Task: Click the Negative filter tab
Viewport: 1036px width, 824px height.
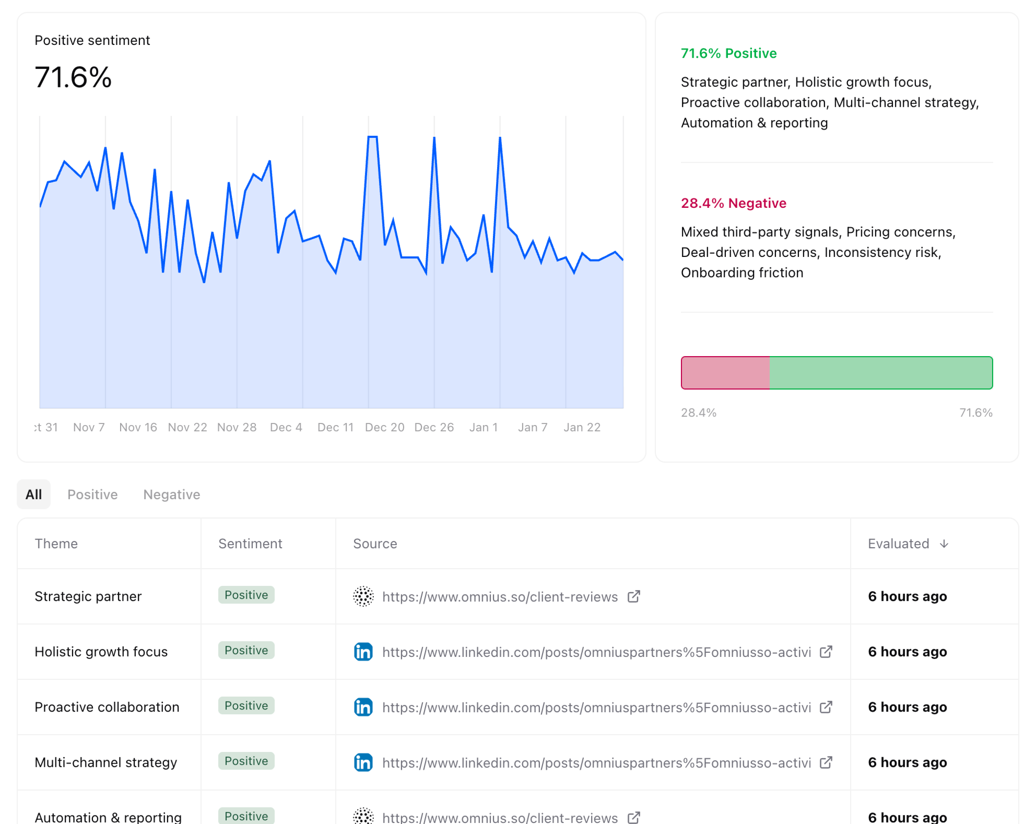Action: point(172,494)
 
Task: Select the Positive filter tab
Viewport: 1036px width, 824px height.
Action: point(92,494)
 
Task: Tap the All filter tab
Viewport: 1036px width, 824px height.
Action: point(34,494)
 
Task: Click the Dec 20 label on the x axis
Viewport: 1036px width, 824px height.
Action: point(384,427)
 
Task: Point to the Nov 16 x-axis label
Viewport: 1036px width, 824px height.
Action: point(138,427)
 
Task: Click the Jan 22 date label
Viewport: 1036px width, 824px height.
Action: point(582,427)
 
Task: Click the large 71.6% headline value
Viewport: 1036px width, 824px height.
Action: point(73,77)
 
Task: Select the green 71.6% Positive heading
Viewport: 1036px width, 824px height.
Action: point(729,53)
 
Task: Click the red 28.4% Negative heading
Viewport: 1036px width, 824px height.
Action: point(733,203)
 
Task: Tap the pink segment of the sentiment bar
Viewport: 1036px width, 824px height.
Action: point(725,373)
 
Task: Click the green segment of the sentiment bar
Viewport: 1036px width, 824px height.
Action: point(880,373)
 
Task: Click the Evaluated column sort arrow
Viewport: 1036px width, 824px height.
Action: point(944,544)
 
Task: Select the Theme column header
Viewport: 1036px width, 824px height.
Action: point(56,544)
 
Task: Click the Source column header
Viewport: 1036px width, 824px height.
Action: point(375,544)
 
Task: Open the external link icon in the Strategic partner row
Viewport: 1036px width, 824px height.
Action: point(634,596)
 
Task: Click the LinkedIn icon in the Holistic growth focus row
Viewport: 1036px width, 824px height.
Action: point(363,652)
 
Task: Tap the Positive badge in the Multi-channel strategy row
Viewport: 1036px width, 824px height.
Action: point(246,761)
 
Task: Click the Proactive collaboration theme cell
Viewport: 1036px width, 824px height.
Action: point(107,707)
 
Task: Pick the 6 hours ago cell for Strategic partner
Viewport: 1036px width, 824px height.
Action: point(907,596)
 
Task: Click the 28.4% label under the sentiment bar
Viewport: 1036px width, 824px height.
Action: point(698,413)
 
